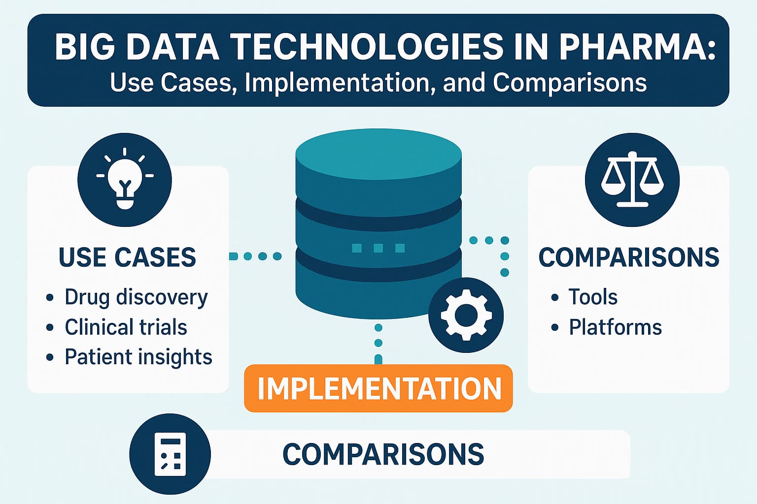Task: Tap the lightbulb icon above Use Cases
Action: point(125,180)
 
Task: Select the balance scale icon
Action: point(632,180)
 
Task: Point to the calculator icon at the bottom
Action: point(170,454)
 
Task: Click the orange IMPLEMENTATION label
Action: point(378,388)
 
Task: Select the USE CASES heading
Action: point(127,257)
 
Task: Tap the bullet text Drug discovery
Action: point(136,297)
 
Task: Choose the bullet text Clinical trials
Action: point(126,327)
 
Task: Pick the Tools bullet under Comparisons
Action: point(592,297)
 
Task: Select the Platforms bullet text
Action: point(615,327)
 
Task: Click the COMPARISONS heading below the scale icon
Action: point(628,257)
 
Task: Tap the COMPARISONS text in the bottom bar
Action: point(383,454)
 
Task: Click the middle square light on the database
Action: point(378,248)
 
